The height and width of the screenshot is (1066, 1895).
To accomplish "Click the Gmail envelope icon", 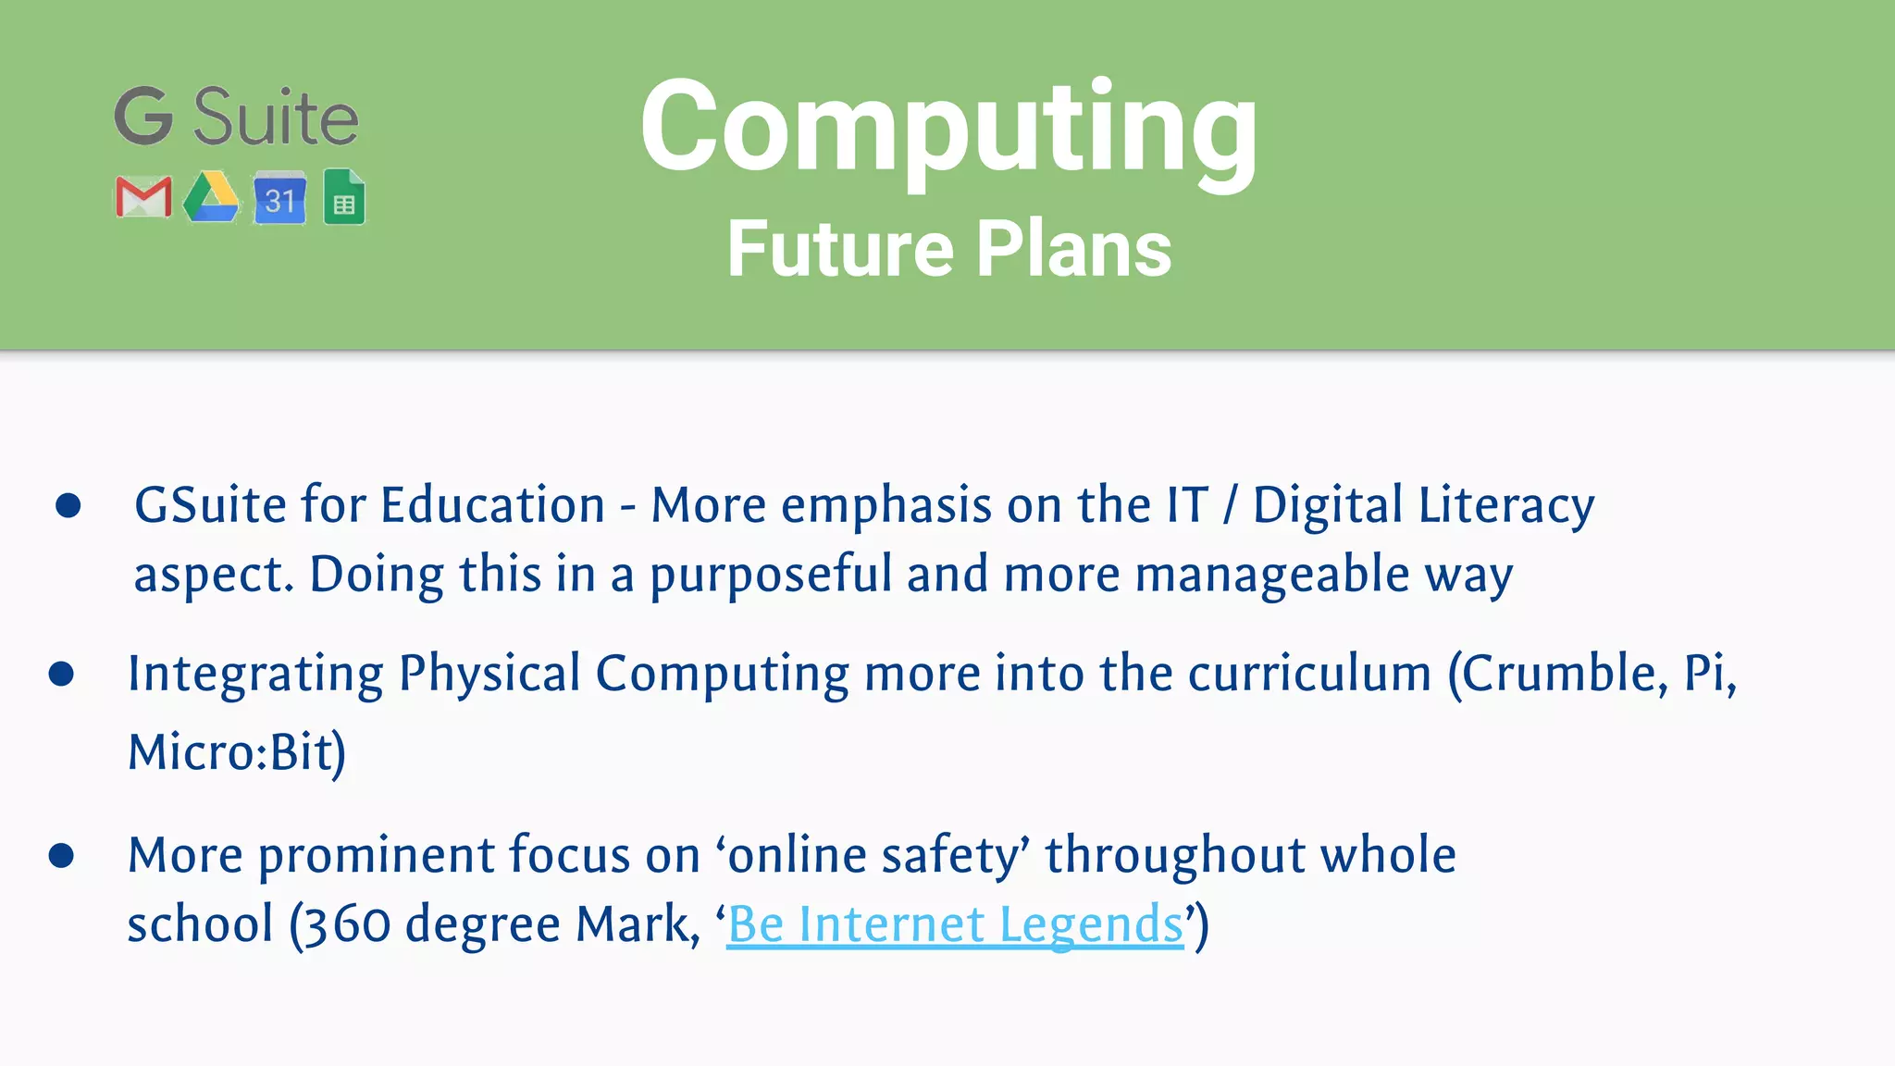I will pos(143,197).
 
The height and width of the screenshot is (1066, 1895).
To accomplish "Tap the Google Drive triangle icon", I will pos(211,197).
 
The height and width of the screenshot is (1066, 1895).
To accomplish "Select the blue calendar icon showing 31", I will pos(279,197).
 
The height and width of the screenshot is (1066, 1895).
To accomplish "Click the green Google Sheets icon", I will pos(344,197).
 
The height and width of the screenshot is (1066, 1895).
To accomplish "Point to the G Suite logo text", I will pos(237,118).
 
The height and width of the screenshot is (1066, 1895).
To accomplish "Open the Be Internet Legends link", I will pos(955,924).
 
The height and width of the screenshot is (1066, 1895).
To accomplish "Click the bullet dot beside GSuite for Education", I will pos(68,505).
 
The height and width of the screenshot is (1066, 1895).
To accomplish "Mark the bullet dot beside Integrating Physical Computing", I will pos(61,674).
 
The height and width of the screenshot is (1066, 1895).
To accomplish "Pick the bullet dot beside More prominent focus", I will pos(61,855).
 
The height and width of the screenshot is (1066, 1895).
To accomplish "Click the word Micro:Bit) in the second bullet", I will pos(237,751).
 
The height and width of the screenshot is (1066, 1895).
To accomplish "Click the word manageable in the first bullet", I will pos(1272,575).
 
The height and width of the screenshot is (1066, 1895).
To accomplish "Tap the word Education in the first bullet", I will pos(492,506).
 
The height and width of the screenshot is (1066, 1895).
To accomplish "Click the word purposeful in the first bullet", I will pos(770,575).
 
